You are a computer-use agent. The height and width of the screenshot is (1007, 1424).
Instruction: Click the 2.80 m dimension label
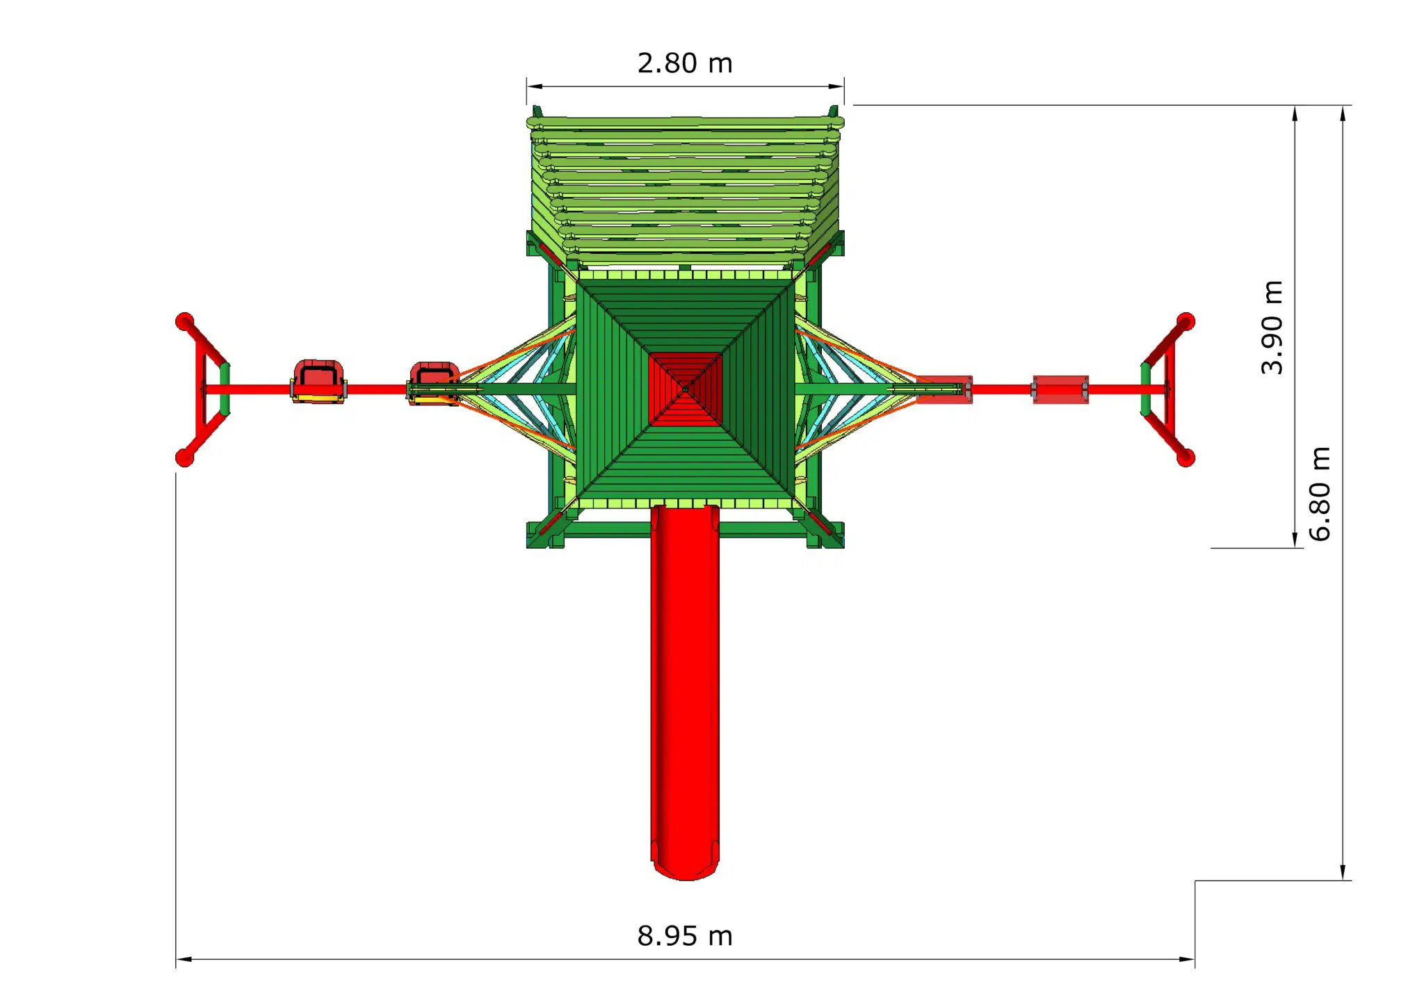coord(685,63)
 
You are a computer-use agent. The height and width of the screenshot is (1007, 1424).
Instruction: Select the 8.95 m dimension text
coord(685,936)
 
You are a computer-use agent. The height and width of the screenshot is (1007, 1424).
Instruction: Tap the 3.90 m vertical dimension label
coord(1272,327)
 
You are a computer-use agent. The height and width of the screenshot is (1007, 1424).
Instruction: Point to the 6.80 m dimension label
coord(1319,494)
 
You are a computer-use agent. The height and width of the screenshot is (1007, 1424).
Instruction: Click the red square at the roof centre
coord(685,389)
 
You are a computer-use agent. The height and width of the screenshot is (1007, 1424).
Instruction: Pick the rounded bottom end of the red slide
coord(685,869)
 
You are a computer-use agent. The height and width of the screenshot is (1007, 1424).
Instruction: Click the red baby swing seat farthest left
coord(318,381)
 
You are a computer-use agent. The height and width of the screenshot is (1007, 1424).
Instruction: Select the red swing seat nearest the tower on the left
coord(433,383)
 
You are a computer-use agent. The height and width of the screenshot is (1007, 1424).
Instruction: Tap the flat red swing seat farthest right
coord(1060,389)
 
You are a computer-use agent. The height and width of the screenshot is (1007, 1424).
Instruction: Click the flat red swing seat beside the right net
coord(944,389)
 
